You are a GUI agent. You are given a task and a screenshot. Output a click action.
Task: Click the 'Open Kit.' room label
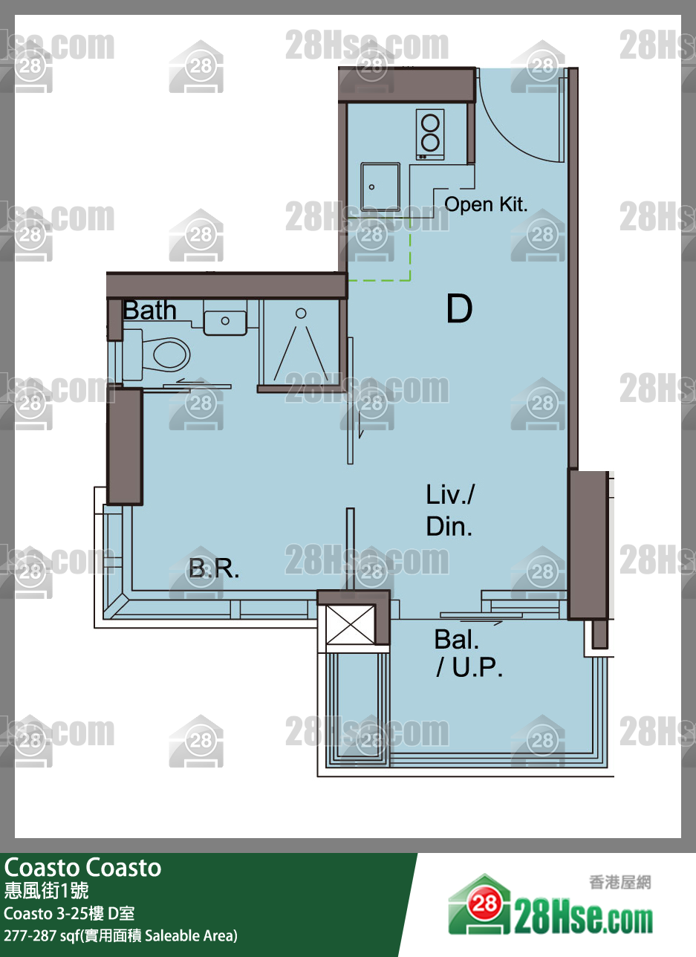pos(486,204)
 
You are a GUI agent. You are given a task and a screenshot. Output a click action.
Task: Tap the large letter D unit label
pos(460,308)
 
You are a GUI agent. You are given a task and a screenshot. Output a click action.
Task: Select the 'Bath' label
pos(149,310)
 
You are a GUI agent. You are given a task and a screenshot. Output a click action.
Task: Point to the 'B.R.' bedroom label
pos(214,568)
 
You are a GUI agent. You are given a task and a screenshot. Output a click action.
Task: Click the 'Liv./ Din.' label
pos(450,510)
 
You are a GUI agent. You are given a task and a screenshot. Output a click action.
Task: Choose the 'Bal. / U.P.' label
pos(469,653)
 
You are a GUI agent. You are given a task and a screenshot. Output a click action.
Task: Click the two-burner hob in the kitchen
pos(430,134)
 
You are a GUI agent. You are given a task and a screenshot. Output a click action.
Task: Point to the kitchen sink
pos(380,187)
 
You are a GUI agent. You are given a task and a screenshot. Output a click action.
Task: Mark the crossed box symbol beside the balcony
pos(350,624)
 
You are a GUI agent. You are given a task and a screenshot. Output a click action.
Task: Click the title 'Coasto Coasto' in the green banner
pos(83,868)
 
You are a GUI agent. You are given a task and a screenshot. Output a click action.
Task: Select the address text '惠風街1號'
pos(47,891)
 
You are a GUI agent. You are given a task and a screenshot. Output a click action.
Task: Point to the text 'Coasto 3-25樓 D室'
pos(69,914)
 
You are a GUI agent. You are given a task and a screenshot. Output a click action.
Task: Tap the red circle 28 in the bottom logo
pos(485,904)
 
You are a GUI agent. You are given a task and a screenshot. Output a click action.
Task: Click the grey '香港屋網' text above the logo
pos(620,883)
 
